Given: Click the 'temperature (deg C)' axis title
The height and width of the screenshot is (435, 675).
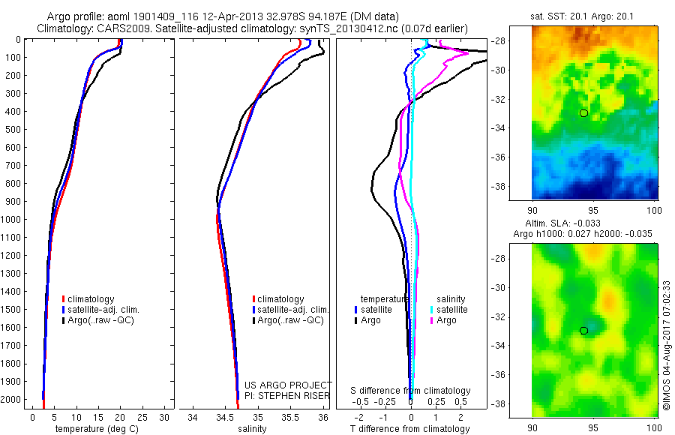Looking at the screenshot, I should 90,429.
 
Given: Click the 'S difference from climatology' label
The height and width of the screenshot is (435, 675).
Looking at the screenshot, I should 411,391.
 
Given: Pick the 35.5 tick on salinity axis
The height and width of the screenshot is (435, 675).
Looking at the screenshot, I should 290,416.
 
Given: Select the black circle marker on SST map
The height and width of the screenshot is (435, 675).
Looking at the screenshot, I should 583,112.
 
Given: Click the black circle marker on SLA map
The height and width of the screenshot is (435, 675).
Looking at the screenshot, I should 583,330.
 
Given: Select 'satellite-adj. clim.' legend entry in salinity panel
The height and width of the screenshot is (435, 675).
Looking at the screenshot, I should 293,310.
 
